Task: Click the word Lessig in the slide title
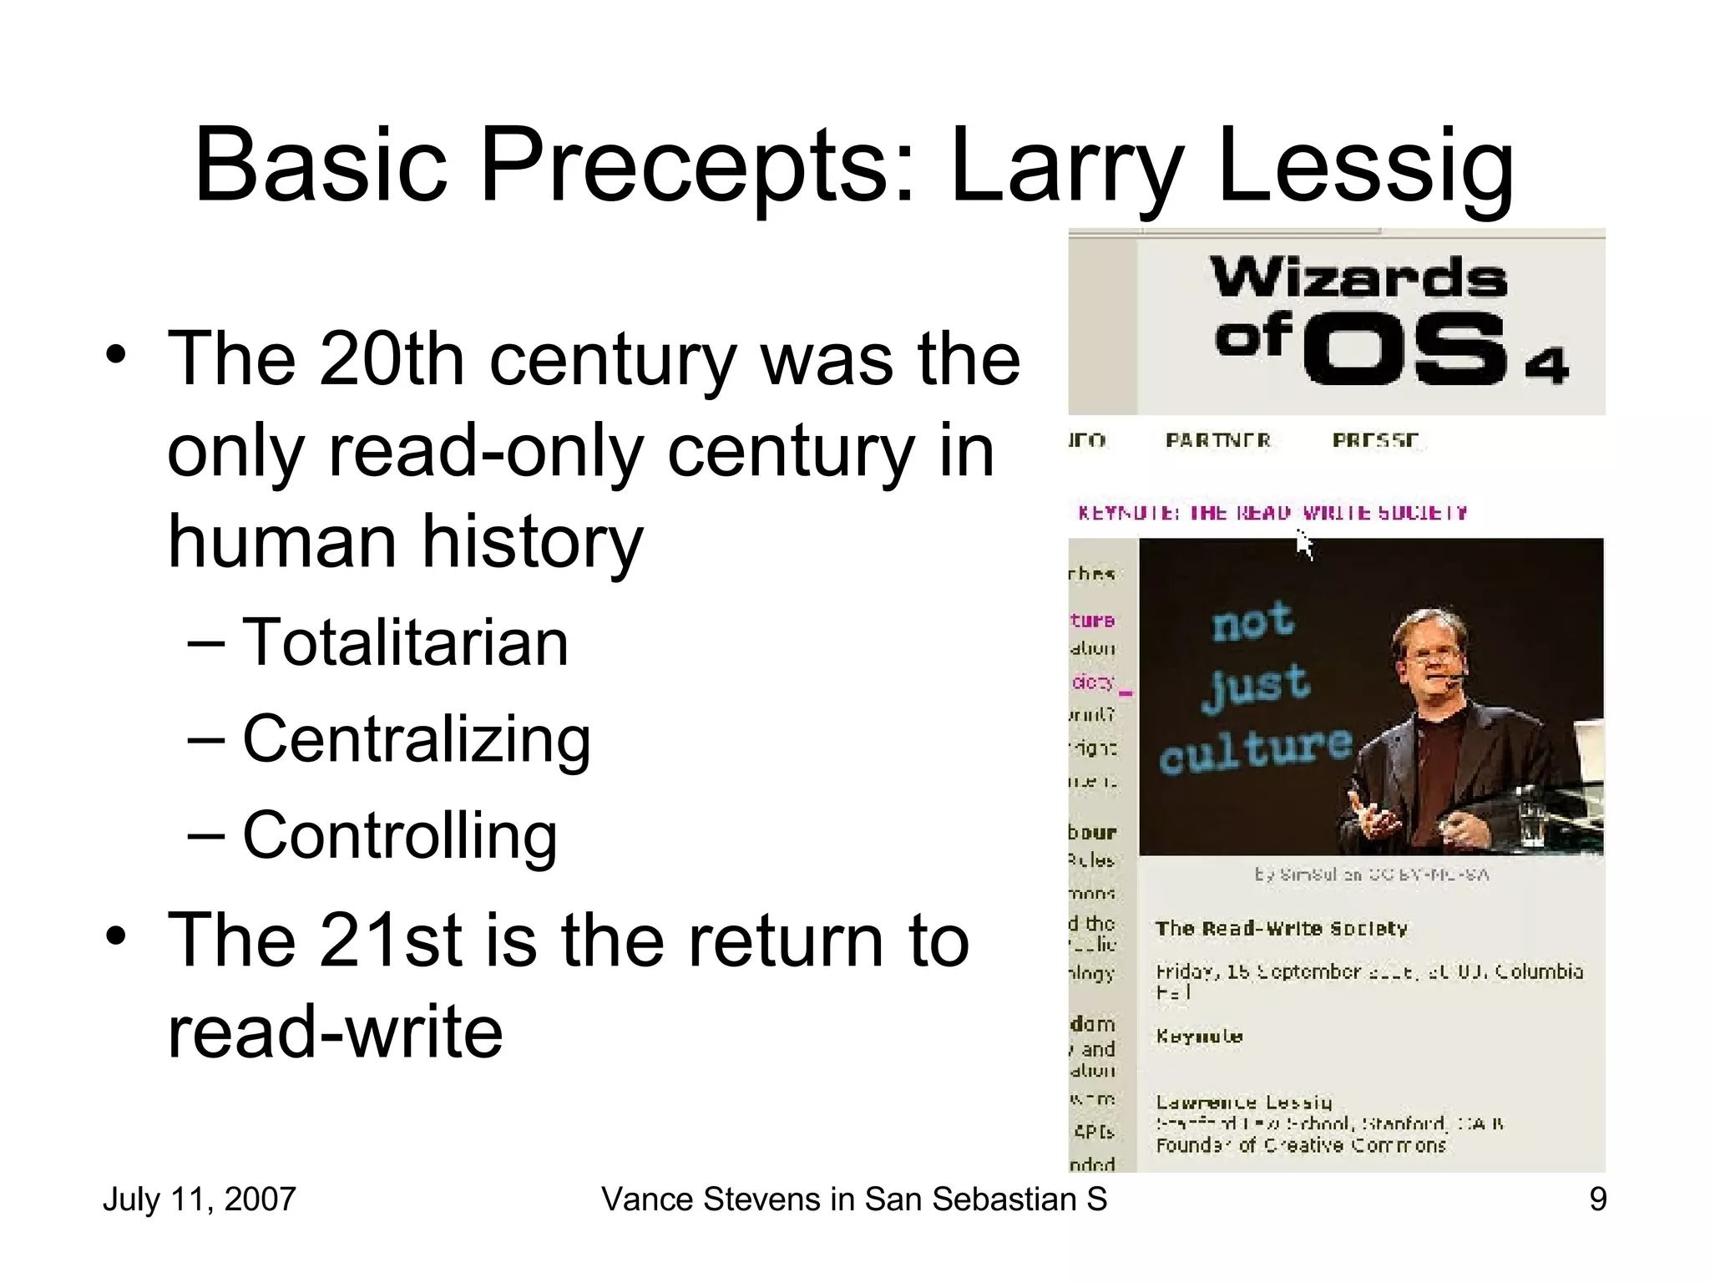(x=1365, y=165)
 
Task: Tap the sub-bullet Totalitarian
(x=405, y=642)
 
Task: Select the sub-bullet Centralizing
(x=416, y=739)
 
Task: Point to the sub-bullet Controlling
(x=399, y=835)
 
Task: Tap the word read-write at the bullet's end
(x=335, y=1032)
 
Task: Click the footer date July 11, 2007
(x=199, y=1199)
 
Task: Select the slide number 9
(x=1597, y=1199)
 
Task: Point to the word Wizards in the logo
(x=1359, y=278)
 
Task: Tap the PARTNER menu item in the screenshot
(x=1218, y=440)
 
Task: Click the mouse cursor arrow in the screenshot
(x=1303, y=544)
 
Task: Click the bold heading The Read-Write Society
(x=1281, y=929)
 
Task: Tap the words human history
(x=406, y=541)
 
